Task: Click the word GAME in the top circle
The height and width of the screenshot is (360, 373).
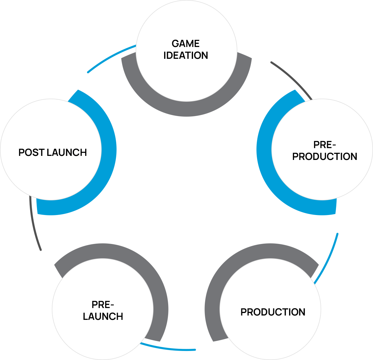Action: (186, 44)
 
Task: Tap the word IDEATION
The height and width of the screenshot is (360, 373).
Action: (186, 55)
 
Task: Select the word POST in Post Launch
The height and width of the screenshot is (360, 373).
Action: (31, 152)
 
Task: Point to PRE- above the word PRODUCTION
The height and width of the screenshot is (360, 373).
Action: (325, 145)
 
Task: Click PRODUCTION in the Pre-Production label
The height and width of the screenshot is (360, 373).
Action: (325, 157)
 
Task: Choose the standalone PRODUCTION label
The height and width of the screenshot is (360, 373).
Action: (273, 312)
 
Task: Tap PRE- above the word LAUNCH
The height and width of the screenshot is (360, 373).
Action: (103, 305)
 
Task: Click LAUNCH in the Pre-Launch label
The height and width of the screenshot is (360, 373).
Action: (103, 316)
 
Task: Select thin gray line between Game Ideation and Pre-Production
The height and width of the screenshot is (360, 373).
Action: (292, 78)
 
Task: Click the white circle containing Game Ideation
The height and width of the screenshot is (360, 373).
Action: (186, 78)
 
